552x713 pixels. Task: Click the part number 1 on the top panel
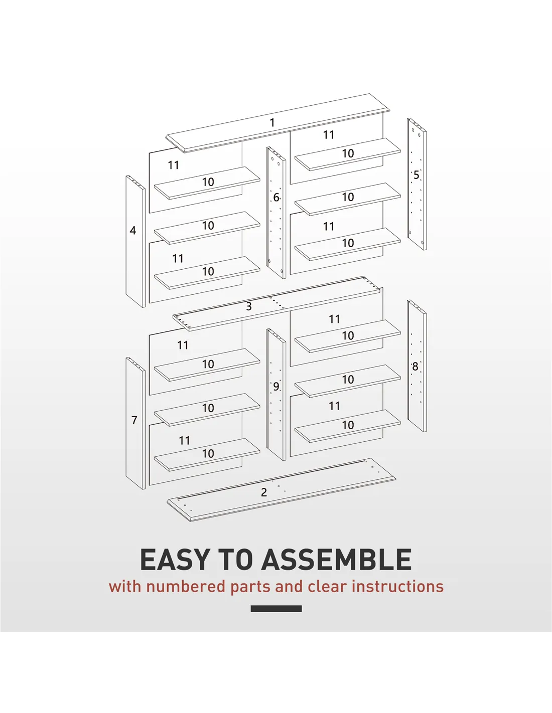tap(272, 123)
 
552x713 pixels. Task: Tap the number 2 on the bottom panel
tap(264, 492)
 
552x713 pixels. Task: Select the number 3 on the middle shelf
tap(249, 306)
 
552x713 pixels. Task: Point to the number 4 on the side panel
tap(132, 230)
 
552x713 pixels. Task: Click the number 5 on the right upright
tap(417, 175)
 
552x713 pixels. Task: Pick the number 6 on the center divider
tap(277, 198)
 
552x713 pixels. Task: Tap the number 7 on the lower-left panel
tap(134, 420)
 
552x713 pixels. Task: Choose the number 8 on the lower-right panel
tap(415, 367)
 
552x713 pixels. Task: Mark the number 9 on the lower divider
tap(276, 387)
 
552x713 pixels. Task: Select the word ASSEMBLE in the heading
tap(336, 560)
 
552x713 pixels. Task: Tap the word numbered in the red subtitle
tap(186, 587)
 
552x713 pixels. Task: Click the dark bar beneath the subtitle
tap(276, 609)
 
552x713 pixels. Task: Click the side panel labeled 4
tap(135, 242)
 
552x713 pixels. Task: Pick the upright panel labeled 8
tap(417, 366)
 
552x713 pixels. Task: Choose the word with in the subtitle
tap(124, 587)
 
